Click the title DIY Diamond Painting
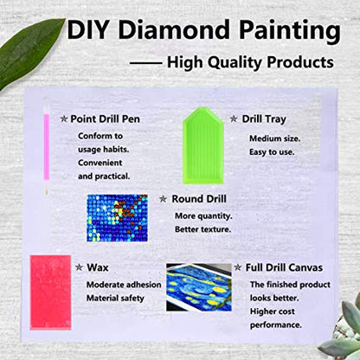[x=203, y=31]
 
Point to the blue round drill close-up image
[x=123, y=216]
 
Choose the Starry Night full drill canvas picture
[x=198, y=297]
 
